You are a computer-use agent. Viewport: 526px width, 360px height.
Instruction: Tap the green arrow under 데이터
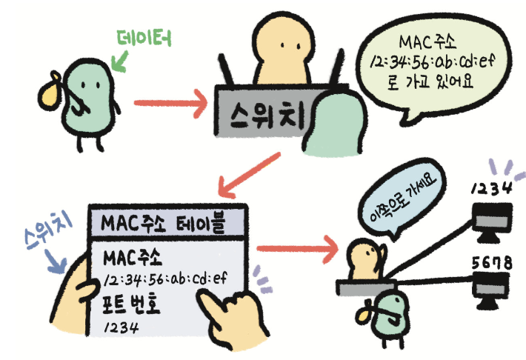(117, 59)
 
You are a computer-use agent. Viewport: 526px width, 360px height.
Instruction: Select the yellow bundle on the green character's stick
(50, 93)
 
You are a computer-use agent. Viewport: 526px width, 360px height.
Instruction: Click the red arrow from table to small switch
(297, 246)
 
